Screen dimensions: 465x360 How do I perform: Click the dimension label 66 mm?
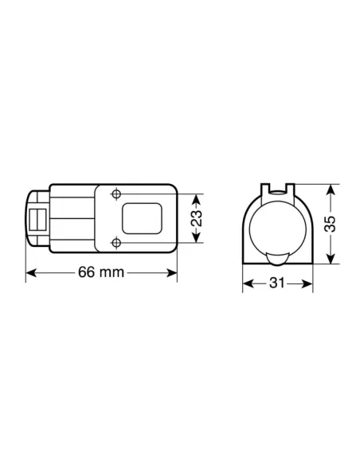[x=100, y=272]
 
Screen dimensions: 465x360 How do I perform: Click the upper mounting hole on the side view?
[x=117, y=194]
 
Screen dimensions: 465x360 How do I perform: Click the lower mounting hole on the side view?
[x=117, y=242]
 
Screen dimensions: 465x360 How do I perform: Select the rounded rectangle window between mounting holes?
[x=143, y=218]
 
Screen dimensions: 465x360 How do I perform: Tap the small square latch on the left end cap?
[x=37, y=219]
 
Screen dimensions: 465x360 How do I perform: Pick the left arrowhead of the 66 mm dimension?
[x=30, y=272]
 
